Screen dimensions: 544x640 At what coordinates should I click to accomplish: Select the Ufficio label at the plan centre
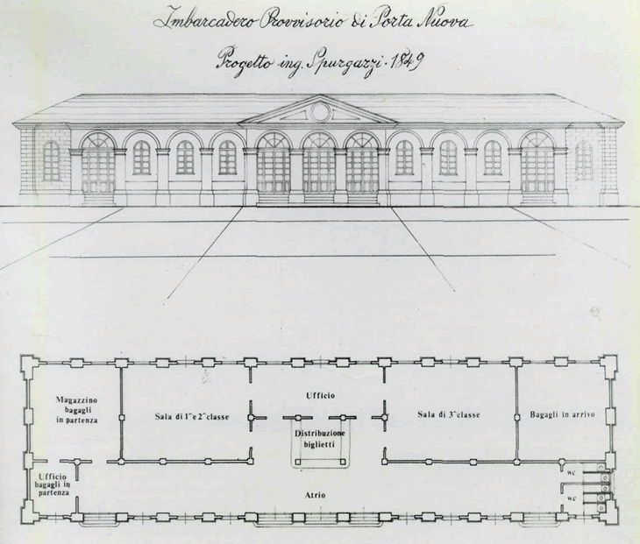tap(321, 396)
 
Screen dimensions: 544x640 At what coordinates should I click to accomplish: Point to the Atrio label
tap(316, 495)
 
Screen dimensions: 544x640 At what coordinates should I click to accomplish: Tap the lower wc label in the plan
tap(571, 498)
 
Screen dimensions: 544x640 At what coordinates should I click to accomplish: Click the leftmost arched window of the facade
tap(51, 161)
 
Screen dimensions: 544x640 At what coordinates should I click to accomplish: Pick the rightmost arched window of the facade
tap(583, 161)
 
